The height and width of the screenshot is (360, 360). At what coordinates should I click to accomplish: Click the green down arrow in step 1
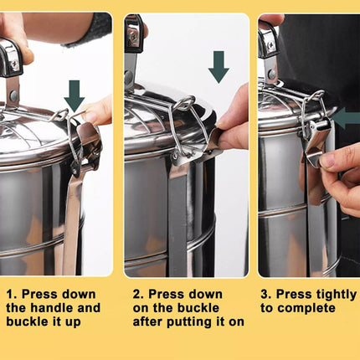(75, 95)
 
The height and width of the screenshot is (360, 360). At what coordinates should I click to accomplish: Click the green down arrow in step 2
(219, 67)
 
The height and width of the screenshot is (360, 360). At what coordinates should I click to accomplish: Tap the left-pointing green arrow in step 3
(346, 118)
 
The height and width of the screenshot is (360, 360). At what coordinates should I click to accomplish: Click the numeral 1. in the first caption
(12, 295)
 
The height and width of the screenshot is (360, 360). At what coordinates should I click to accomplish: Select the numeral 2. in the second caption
(139, 295)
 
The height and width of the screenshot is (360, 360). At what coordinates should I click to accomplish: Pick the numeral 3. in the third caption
(266, 295)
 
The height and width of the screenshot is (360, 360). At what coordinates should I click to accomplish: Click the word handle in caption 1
(52, 308)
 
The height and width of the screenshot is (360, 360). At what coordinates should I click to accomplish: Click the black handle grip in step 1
(11, 58)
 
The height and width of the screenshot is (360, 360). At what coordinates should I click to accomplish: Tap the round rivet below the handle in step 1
(13, 96)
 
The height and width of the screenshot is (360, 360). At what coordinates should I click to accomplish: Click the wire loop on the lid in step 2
(183, 104)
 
